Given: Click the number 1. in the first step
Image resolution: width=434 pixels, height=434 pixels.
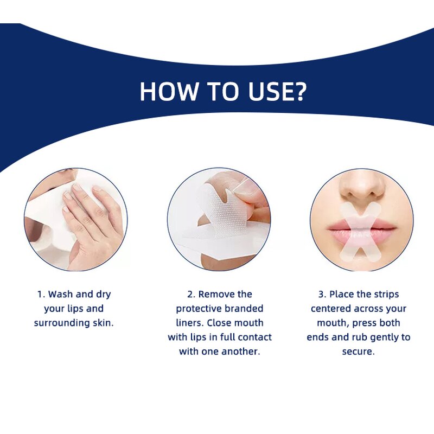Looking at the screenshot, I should (41, 295).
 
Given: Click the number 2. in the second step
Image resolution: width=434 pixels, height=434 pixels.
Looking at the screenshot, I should (191, 295).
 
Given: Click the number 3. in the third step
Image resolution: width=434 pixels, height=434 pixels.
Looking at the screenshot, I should (322, 295).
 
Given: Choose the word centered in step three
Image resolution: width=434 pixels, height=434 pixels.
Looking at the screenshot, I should (331, 309).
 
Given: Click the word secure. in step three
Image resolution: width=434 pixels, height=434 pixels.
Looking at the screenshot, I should (358, 351).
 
